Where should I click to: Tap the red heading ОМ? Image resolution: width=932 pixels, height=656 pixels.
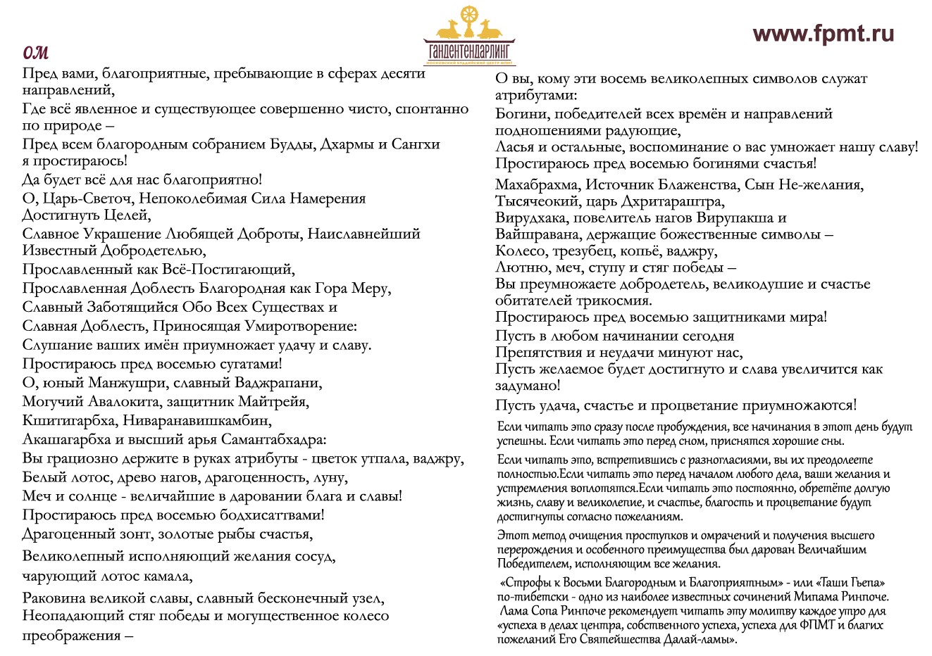tap(35, 53)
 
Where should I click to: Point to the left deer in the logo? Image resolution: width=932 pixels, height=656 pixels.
tap(450, 30)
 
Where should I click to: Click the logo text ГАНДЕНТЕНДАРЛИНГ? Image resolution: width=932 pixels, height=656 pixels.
tap(469, 53)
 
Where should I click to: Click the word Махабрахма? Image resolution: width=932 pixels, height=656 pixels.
tap(537, 185)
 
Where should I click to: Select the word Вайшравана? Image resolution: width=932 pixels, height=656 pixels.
tap(537, 234)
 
